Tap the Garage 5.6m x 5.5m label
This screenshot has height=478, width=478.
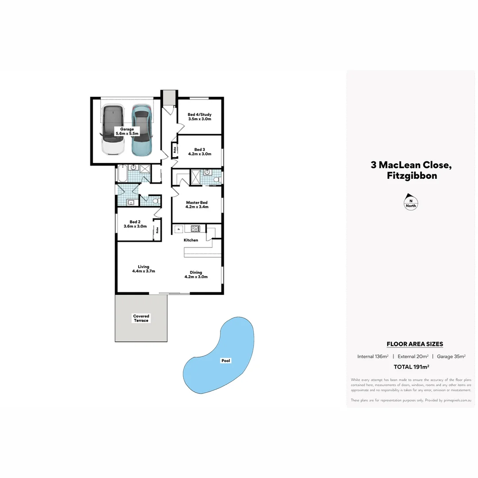point(127,131)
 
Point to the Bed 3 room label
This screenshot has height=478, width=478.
point(200,152)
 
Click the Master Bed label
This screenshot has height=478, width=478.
point(197,204)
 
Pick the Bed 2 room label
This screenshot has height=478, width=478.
point(135,224)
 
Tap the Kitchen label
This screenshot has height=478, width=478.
point(191,240)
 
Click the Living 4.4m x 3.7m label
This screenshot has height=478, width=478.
point(143,269)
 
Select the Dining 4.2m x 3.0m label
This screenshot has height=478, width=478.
point(196,275)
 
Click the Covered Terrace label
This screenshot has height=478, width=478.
point(141,318)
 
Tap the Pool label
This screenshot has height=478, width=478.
point(226,361)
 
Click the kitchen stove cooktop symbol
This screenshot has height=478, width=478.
point(195,229)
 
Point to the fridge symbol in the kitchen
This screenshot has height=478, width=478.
point(179,229)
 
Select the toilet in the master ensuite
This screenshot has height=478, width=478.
point(216,179)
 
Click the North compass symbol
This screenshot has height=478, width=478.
point(411,202)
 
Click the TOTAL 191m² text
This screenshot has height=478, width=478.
point(412,366)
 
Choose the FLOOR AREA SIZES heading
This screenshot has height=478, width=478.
point(415,344)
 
